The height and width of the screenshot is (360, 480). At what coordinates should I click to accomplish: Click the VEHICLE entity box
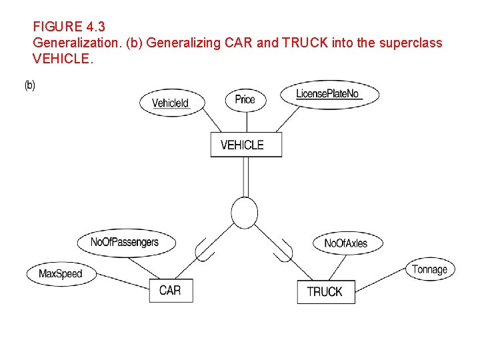(246, 145)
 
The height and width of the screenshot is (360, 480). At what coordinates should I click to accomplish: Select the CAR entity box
(171, 290)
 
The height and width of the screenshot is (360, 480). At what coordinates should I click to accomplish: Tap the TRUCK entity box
(325, 291)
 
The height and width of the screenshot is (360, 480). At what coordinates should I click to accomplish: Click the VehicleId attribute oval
(170, 103)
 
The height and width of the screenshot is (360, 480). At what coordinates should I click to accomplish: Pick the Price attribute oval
(245, 99)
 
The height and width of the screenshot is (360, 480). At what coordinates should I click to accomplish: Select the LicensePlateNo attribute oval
(329, 94)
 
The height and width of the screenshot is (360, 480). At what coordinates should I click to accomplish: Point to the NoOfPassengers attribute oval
(125, 242)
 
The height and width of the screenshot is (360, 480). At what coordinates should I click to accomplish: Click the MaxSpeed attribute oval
(61, 273)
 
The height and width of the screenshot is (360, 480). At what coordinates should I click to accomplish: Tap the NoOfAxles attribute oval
(345, 243)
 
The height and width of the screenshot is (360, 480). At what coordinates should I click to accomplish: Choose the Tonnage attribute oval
(429, 269)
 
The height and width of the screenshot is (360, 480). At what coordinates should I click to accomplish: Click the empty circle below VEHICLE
(245, 213)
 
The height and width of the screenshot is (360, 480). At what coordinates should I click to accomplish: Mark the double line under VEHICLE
(246, 177)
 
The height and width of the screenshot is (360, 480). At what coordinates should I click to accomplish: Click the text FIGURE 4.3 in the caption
(69, 27)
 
